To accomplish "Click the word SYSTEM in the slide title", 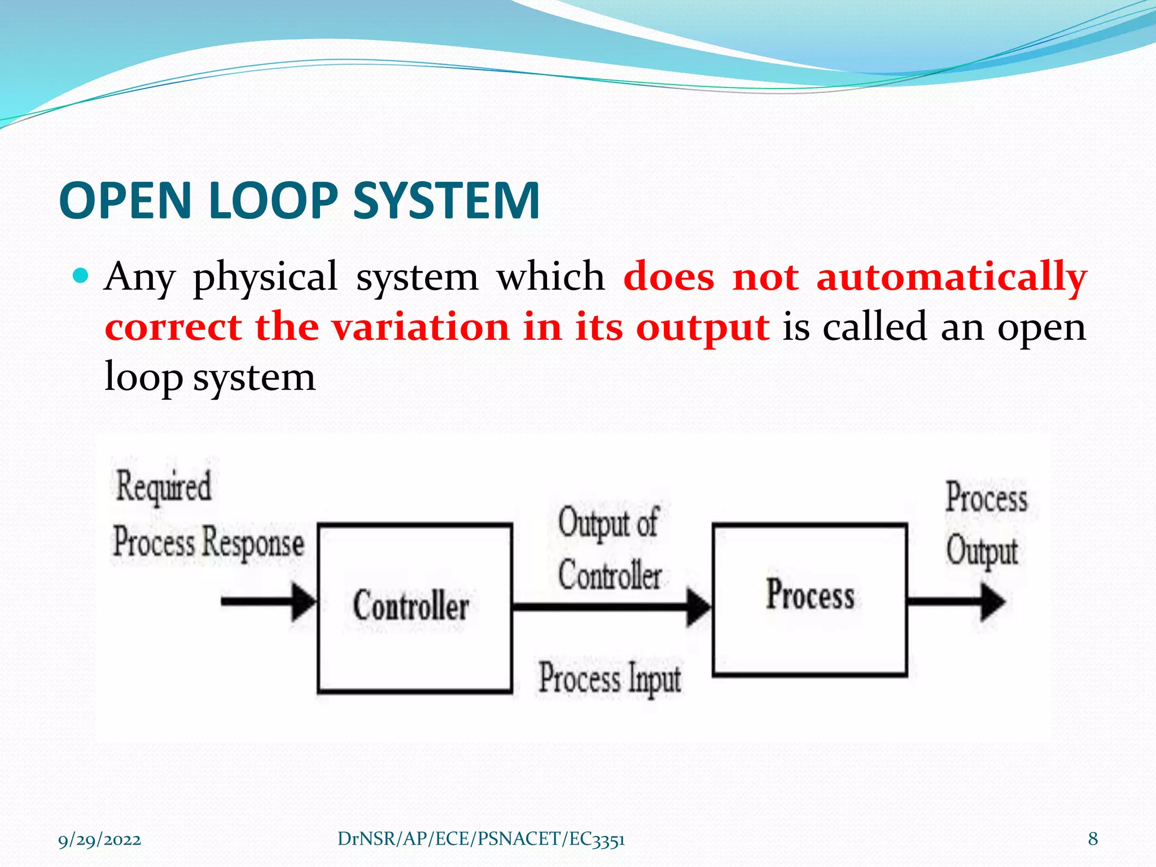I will [x=446, y=201].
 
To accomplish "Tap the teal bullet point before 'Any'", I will [x=81, y=276].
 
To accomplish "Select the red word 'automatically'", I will [x=952, y=278].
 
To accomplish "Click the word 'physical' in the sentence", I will [x=265, y=278].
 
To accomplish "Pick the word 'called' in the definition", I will [x=874, y=327].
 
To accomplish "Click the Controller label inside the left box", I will [x=411, y=606].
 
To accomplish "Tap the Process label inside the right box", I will [x=810, y=595].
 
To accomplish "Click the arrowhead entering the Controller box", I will [x=305, y=602].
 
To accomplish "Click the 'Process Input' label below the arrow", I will [x=610, y=678].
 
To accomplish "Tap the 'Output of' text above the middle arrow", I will [x=608, y=523].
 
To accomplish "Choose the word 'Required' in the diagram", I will [x=164, y=487].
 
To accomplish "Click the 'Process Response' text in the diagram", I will [x=208, y=542].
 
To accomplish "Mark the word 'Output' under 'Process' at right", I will [x=982, y=551].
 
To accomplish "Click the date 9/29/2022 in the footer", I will [x=100, y=839].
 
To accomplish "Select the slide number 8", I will [x=1093, y=839].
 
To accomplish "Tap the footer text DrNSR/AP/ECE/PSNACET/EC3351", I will [x=481, y=839].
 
